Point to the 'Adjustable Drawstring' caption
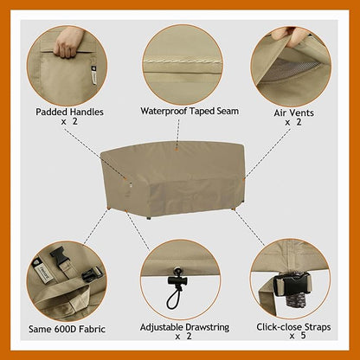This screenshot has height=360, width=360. tap(181, 327)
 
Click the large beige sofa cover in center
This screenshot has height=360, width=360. tap(182, 177)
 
